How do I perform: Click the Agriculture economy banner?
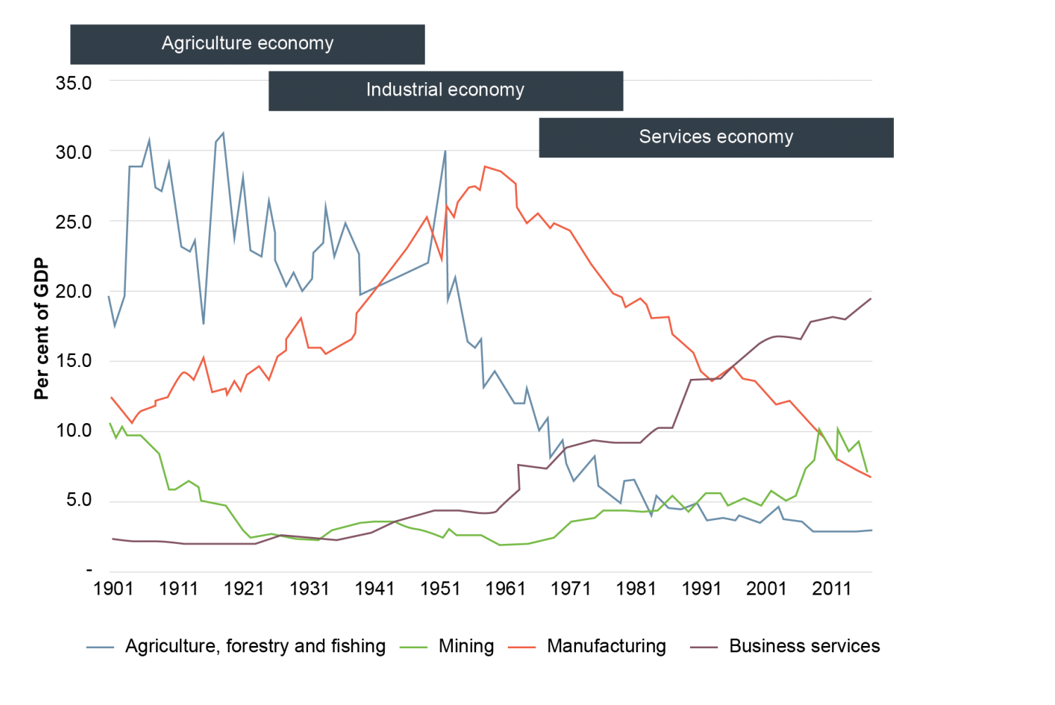pyautogui.click(x=248, y=44)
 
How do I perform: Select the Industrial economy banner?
pyautogui.click(x=445, y=90)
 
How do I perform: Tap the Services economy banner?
pyautogui.click(x=716, y=137)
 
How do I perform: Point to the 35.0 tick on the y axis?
pyautogui.click(x=74, y=83)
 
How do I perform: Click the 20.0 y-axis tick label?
pyautogui.click(x=74, y=292)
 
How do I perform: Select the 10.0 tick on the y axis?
pyautogui.click(x=74, y=431)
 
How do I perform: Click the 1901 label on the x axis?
pyautogui.click(x=113, y=589)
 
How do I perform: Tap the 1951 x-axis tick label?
pyautogui.click(x=440, y=589)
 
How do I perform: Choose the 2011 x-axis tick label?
pyautogui.click(x=831, y=589)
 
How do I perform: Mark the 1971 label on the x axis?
pyautogui.click(x=570, y=589)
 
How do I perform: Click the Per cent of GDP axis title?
pyautogui.click(x=42, y=329)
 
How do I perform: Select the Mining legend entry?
pyautogui.click(x=466, y=647)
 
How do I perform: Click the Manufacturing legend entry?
pyautogui.click(x=606, y=647)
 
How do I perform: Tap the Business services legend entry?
pyautogui.click(x=804, y=647)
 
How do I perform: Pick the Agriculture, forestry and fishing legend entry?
pyautogui.click(x=255, y=647)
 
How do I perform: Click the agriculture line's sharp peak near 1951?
pyautogui.click(x=445, y=151)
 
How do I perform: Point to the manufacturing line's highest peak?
pyautogui.click(x=485, y=167)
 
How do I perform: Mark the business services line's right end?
pyautogui.click(x=871, y=298)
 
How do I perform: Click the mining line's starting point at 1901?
pyautogui.click(x=110, y=424)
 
